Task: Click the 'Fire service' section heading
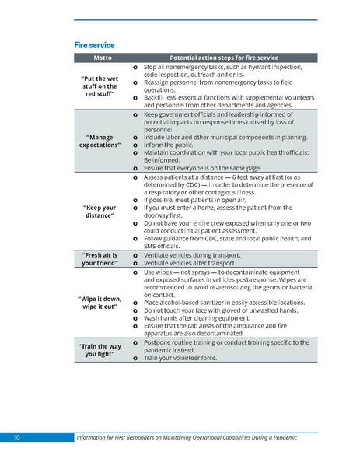(x=94, y=45)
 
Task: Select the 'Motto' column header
(x=103, y=58)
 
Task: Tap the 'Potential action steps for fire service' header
(x=224, y=58)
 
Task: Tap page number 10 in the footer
(x=16, y=438)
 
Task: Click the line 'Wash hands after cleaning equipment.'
(x=196, y=318)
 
